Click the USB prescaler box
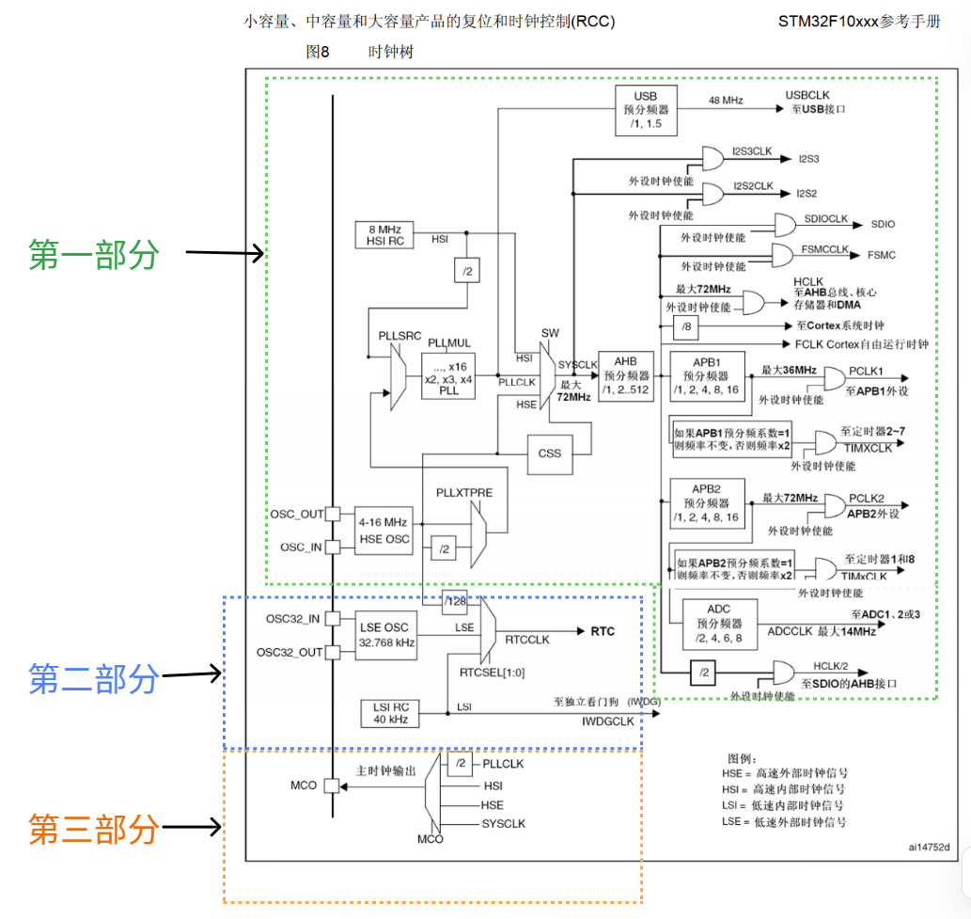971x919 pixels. [x=646, y=110]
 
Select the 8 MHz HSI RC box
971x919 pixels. [x=384, y=235]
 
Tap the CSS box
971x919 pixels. [x=549, y=453]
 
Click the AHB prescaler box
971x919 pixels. [x=625, y=376]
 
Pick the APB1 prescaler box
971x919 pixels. [x=707, y=376]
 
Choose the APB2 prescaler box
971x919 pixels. [x=707, y=503]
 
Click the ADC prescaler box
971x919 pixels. [x=719, y=624]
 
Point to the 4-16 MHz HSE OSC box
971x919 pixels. [x=384, y=531]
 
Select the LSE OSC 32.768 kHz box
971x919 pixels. [x=385, y=635]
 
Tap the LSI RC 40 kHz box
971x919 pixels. [x=390, y=713]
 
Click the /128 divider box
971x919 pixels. [x=455, y=602]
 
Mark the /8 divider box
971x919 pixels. [x=686, y=326]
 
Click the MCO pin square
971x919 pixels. [x=332, y=785]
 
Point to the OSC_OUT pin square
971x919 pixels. [x=333, y=514]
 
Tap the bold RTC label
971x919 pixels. [x=603, y=631]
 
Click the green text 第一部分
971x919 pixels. [x=94, y=254]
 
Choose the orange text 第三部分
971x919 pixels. [x=94, y=829]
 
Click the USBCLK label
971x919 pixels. [x=807, y=95]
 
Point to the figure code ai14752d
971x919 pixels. [x=929, y=848]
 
